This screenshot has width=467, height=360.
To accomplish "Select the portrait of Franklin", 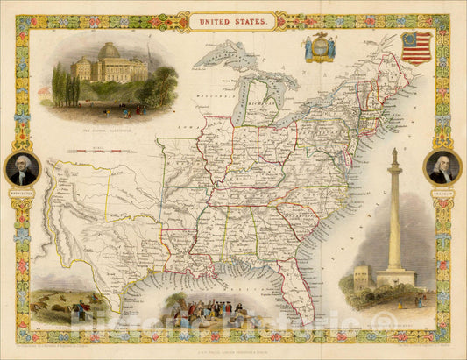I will [442, 166].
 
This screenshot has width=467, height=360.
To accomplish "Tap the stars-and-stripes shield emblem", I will [416, 47].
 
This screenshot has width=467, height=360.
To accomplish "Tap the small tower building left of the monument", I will [361, 279].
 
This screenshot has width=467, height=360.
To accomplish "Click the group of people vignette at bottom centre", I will [206, 311].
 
